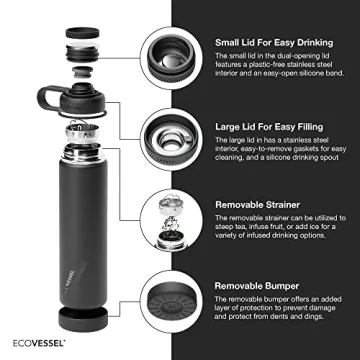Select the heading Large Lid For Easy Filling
click(272, 126)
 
